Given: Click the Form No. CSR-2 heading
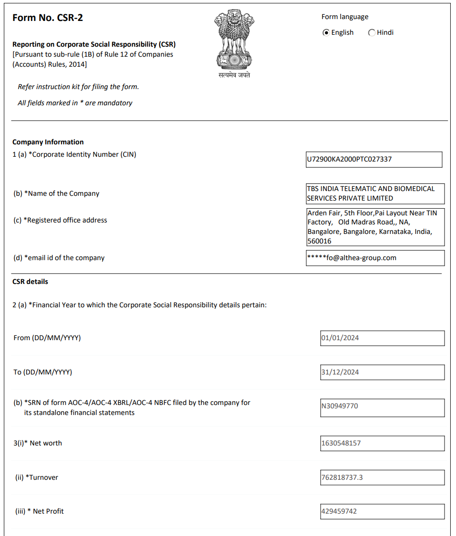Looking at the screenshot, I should point(48,18).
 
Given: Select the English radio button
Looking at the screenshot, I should point(326,32).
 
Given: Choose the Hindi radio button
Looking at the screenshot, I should point(372,32).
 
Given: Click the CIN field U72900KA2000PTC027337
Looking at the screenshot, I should point(374,160).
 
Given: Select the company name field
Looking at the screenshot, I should point(375,193).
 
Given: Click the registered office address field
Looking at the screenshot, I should point(375,227).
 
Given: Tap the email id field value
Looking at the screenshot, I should point(375,258).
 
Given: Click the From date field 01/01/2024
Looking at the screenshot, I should point(382,338).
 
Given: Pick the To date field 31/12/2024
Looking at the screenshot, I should point(382,372).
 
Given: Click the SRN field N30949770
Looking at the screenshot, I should point(382,406).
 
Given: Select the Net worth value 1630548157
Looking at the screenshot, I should point(382,443).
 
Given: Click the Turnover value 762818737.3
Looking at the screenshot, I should point(382,477).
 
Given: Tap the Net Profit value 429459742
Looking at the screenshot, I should point(382,511).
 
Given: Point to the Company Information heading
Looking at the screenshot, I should point(48,142).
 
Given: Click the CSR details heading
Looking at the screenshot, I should point(30,282).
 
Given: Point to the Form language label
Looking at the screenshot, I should point(345,17).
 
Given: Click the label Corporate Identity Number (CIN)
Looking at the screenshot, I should point(84,154).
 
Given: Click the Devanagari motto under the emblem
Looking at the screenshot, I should point(234,75).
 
